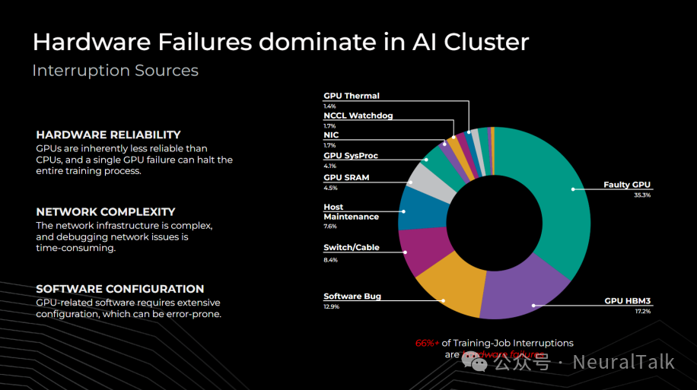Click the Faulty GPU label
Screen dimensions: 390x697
pyautogui.click(x=627, y=185)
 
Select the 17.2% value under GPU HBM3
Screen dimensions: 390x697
pyautogui.click(x=643, y=312)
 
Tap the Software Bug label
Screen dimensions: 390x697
pyautogui.click(x=352, y=296)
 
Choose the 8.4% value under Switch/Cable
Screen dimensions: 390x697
pyautogui.click(x=330, y=260)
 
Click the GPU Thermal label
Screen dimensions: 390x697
pyautogui.click(x=352, y=96)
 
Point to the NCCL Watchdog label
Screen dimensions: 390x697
pyautogui.click(x=358, y=116)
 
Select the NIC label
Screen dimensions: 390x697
pyautogui.click(x=331, y=135)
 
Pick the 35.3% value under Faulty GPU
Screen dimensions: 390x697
pyautogui.click(x=643, y=195)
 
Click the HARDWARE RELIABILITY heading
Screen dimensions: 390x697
pyautogui.click(x=108, y=135)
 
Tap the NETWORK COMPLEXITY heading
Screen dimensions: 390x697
pyautogui.click(x=106, y=212)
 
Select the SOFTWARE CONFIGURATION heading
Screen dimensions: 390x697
pyautogui.click(x=120, y=289)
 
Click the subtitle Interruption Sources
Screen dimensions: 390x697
pyautogui.click(x=115, y=71)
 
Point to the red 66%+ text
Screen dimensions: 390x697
pyautogui.click(x=427, y=343)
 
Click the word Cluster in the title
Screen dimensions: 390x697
pyautogui.click(x=485, y=41)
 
